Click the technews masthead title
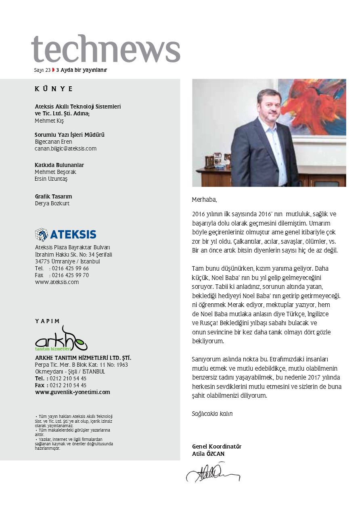pos(106,50)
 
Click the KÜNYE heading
pos(54,89)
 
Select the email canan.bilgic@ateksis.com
pos(65,148)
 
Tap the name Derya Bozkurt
pos(52,204)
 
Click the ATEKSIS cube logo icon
pos(41,234)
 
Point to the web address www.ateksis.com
pos(57,282)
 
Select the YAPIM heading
pos(47,321)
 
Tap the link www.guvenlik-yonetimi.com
pos(72,392)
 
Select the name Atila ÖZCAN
pos(208,454)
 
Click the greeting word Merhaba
pos(204,200)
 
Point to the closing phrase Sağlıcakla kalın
pos(212,414)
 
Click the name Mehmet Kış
pos(49,121)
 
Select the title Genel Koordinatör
pos(217,446)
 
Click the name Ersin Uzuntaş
pos(51,179)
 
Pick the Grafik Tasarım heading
pos(53,197)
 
